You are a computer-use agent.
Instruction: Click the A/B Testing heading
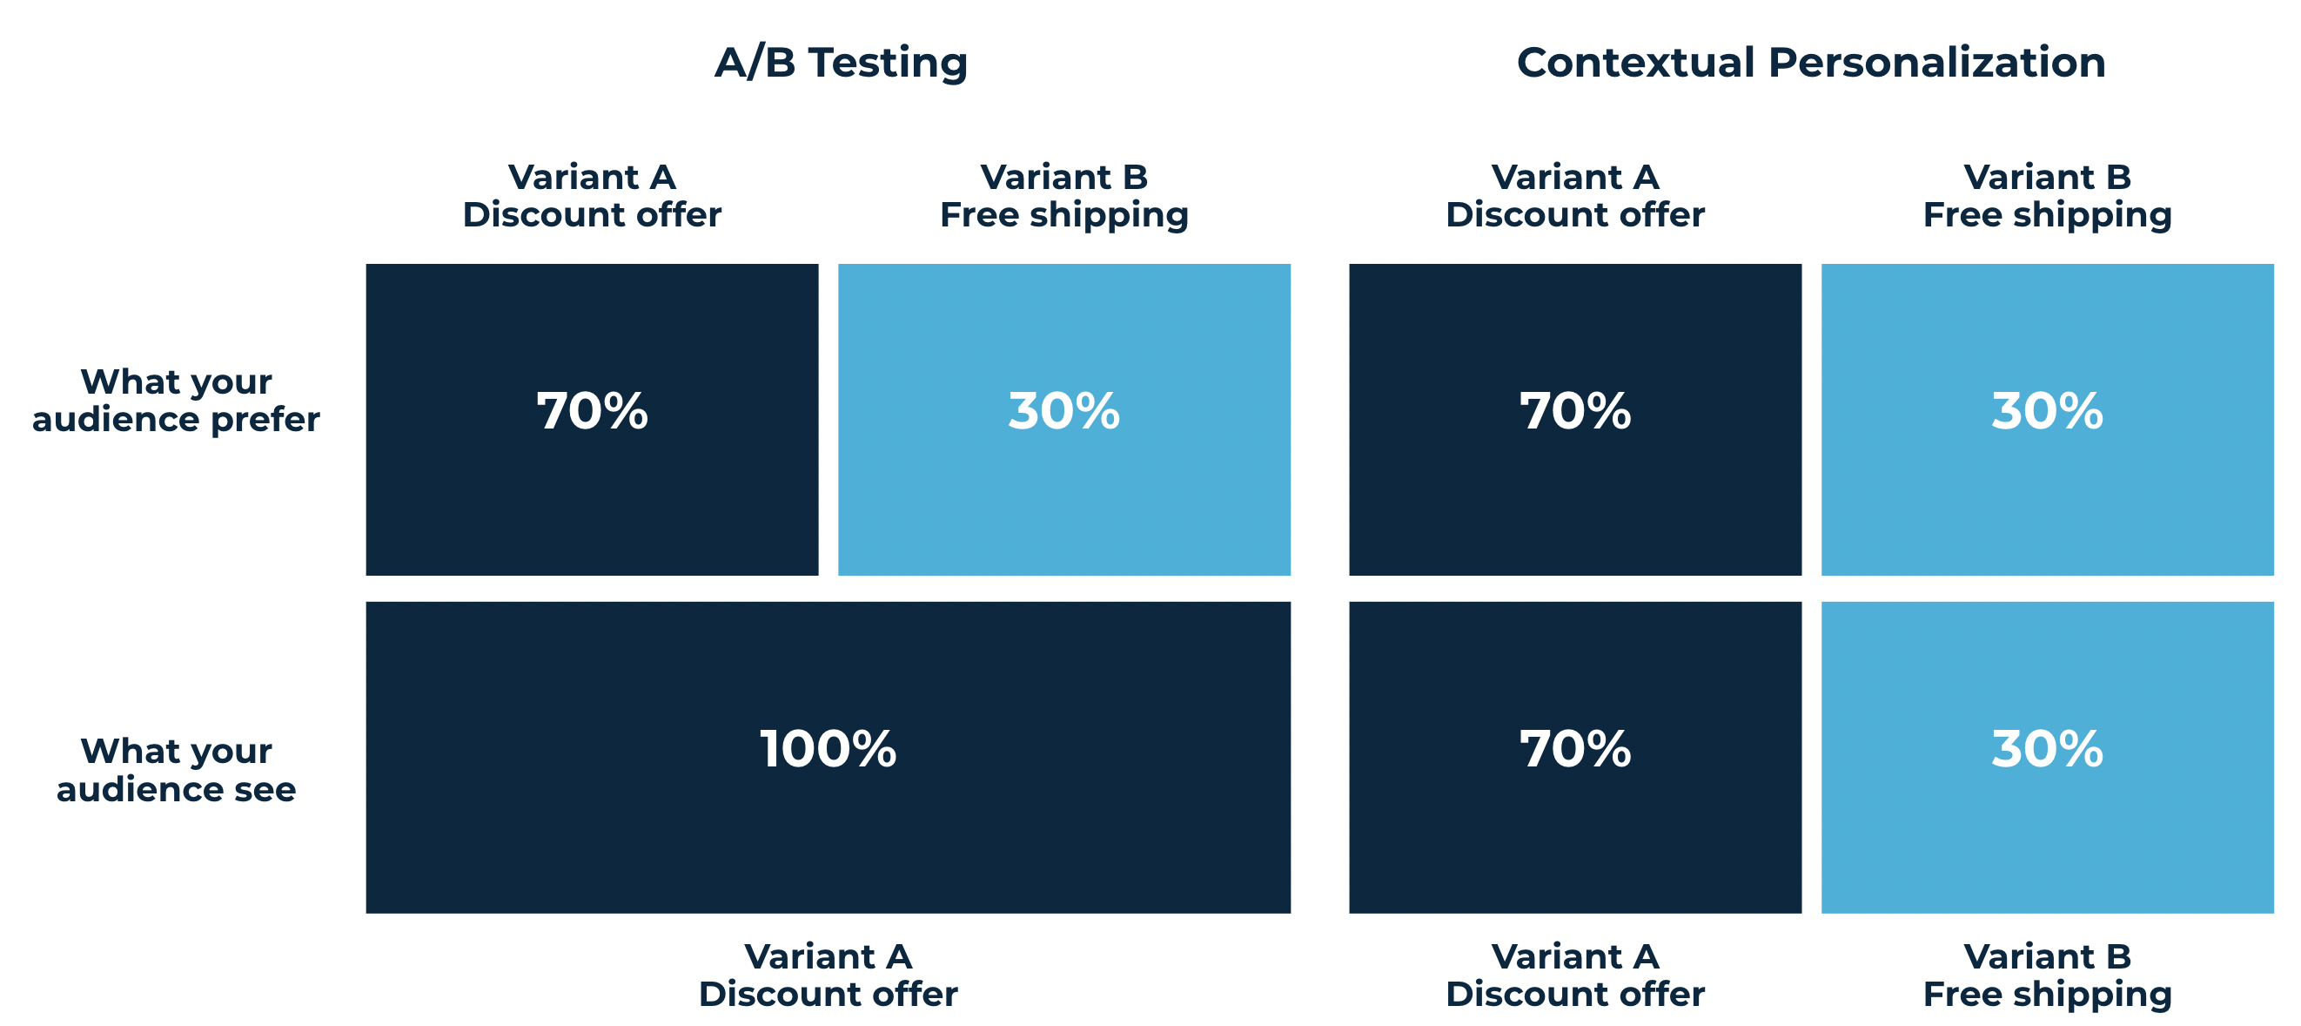coord(841,63)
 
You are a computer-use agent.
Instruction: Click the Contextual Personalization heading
coord(1811,63)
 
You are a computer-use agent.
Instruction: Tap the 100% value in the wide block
coord(828,749)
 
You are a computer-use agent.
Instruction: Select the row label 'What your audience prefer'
coord(176,401)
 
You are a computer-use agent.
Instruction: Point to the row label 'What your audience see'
coord(176,770)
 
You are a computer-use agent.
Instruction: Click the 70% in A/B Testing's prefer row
coord(593,412)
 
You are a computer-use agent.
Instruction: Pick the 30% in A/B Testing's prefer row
coord(1063,412)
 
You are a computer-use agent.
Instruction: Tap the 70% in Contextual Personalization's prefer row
coord(1576,412)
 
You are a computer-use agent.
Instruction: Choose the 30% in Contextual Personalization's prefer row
coord(2048,412)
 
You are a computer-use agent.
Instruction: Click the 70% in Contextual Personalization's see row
coord(1576,749)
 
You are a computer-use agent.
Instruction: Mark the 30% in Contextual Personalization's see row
coord(2048,749)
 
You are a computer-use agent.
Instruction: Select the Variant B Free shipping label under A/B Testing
coord(1063,197)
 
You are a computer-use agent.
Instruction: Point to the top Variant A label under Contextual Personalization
coord(1575,196)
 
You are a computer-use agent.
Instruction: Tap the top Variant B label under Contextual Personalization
coord(2048,197)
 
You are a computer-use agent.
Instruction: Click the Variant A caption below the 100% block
coord(828,975)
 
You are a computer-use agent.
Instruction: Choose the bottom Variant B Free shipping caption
coord(2048,976)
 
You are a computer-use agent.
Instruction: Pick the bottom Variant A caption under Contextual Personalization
coord(1575,975)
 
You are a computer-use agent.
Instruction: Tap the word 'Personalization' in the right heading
coord(1936,63)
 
